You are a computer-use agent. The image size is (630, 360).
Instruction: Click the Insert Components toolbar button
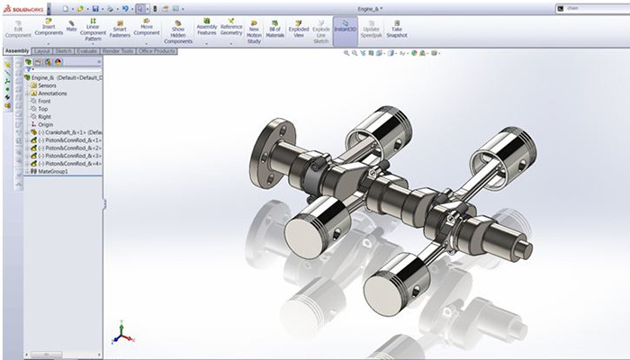pyautogui.click(x=48, y=28)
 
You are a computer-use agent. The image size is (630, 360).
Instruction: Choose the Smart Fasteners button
pyautogui.click(x=119, y=28)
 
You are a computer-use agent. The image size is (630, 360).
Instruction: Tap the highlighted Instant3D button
pyautogui.click(x=345, y=28)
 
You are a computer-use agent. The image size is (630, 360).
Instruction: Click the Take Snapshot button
pyautogui.click(x=397, y=28)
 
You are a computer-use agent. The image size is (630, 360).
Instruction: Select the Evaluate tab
pyautogui.click(x=87, y=50)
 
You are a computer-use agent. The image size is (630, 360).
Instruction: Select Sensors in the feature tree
pyautogui.click(x=47, y=85)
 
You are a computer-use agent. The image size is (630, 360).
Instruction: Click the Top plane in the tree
pyautogui.click(x=42, y=109)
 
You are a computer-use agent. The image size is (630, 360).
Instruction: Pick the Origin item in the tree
pyautogui.click(x=45, y=124)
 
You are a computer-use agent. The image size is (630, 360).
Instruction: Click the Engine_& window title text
pyautogui.click(x=367, y=7)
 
